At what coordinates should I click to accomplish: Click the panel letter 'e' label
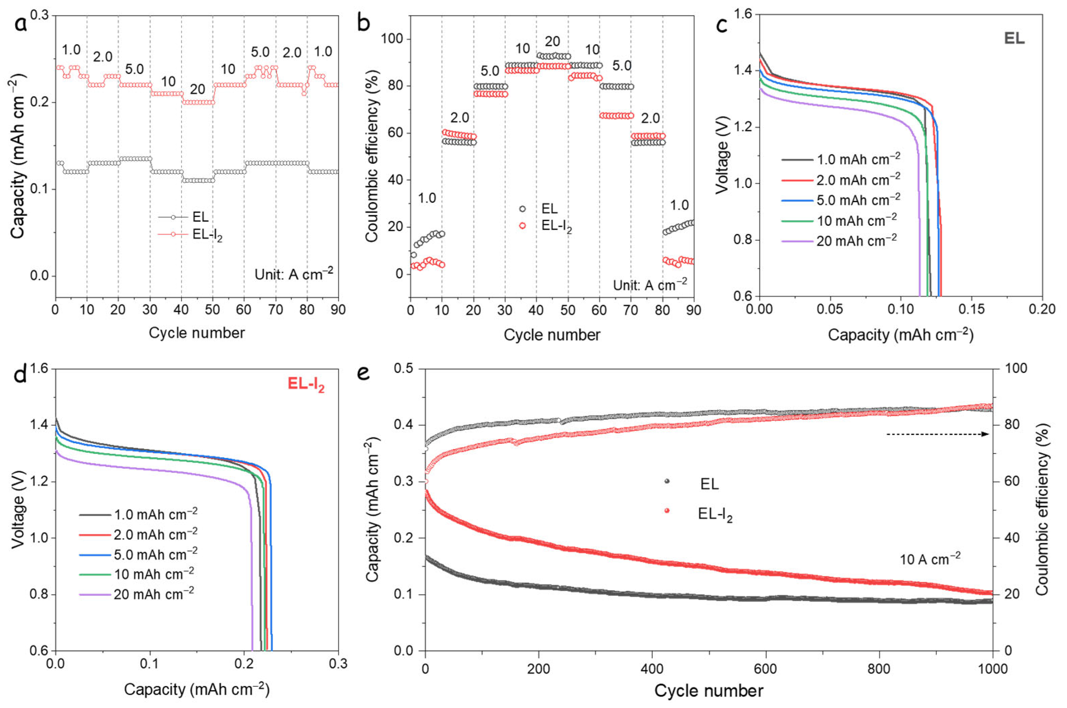(x=364, y=373)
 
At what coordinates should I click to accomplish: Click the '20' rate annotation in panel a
(x=197, y=89)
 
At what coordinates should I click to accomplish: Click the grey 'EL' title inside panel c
(x=1014, y=39)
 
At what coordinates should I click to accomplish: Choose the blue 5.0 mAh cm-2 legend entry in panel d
(x=138, y=554)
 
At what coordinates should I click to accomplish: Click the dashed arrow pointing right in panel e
(x=938, y=434)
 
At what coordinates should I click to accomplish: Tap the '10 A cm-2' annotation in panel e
(x=930, y=559)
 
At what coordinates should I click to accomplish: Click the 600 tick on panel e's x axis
(x=765, y=668)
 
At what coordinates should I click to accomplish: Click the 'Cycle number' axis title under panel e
(x=708, y=691)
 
